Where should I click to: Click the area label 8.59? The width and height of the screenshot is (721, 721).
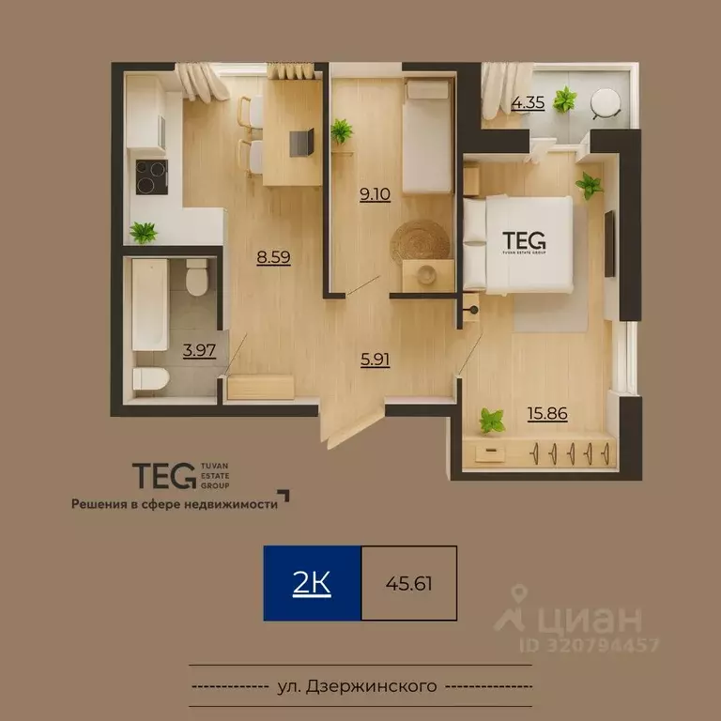tap(273, 255)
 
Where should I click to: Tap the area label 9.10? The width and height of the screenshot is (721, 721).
tap(375, 196)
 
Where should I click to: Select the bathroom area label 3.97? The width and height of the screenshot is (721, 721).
tap(199, 351)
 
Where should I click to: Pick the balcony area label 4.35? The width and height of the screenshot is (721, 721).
tap(528, 103)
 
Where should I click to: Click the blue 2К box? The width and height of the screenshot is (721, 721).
tap(312, 583)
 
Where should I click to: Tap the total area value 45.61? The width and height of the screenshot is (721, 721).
tap(408, 583)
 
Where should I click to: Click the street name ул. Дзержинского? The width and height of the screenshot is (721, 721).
tap(358, 685)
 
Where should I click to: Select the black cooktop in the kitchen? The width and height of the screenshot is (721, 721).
tap(152, 176)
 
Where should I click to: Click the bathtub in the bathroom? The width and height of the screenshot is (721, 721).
tap(149, 304)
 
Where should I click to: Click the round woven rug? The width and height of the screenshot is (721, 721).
tap(420, 240)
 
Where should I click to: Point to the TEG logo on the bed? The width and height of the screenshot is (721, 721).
tap(524, 240)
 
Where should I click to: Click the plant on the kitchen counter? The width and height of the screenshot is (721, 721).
tap(144, 231)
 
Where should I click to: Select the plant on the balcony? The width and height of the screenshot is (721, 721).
tap(565, 99)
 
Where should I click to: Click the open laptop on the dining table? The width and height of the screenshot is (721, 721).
tap(300, 142)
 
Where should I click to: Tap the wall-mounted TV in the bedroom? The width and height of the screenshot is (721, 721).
tap(609, 244)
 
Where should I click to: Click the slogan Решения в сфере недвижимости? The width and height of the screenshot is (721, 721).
tap(176, 503)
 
